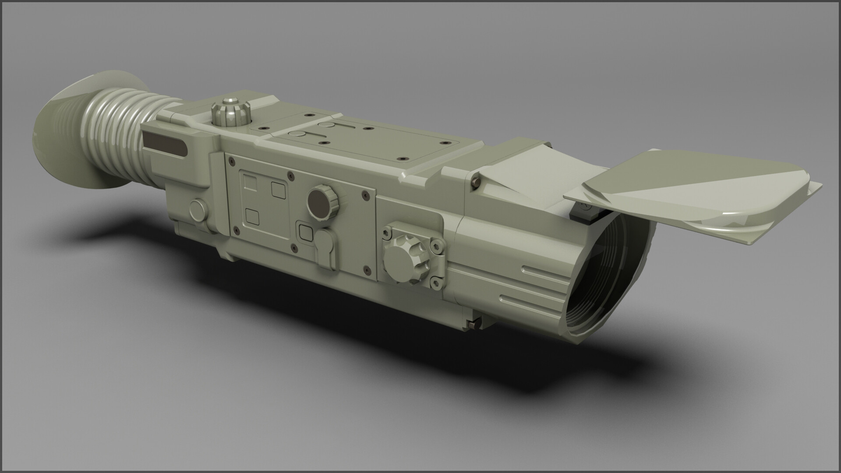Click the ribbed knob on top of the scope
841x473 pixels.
229,113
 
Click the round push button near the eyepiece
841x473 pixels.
200,210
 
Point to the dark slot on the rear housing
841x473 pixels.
166,143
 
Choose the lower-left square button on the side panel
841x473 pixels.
253,216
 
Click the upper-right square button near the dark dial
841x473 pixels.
279,190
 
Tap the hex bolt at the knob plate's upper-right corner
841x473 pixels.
437,247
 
